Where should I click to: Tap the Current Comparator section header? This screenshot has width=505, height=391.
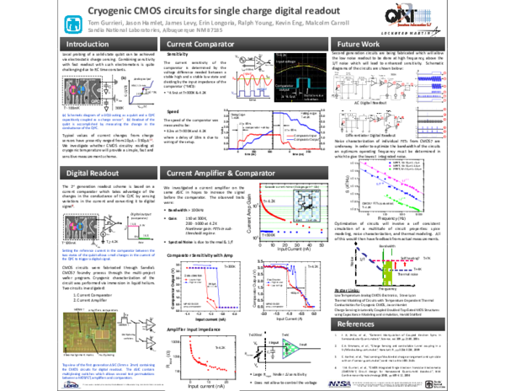(x=202, y=42)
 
